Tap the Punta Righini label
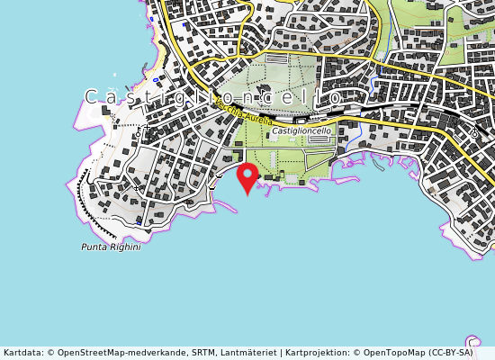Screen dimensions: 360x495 [111, 247]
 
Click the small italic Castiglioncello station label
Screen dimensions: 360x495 [301, 131]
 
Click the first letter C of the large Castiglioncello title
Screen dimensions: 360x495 [92, 96]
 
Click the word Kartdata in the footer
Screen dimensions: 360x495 [22, 353]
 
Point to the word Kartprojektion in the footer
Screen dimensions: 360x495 [316, 353]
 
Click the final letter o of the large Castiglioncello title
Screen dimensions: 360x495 [334, 96]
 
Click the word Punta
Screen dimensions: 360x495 [94, 247]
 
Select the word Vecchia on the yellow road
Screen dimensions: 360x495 [230, 106]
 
